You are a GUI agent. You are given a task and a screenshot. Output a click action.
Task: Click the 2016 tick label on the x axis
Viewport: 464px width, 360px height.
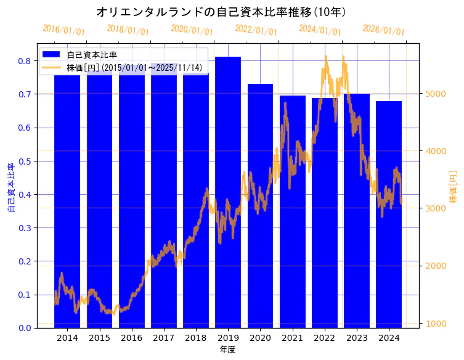pyautogui.click(x=131, y=338)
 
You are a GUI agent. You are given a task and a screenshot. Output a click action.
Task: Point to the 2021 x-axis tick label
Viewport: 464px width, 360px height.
pyautogui.click(x=292, y=338)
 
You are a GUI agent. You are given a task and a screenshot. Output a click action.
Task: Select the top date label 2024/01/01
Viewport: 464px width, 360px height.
pyautogui.click(x=320, y=31)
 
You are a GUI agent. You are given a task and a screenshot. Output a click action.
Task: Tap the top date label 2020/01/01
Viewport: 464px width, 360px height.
pyautogui.click(x=192, y=31)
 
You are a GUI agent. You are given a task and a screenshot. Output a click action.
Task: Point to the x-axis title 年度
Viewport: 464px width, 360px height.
pyautogui.click(x=227, y=350)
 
